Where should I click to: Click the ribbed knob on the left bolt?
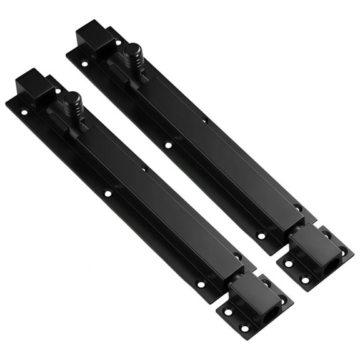tap(72, 102)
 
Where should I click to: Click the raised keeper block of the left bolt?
tap(252, 294)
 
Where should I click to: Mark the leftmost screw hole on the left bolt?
tap(24, 113)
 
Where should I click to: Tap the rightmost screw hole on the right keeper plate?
tap(342, 251)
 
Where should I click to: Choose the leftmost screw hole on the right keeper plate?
tap(288, 263)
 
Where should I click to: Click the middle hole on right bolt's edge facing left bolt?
tap(167, 145)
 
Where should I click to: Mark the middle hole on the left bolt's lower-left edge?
tap(107, 194)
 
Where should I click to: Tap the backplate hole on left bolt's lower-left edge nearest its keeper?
tap(201, 284)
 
